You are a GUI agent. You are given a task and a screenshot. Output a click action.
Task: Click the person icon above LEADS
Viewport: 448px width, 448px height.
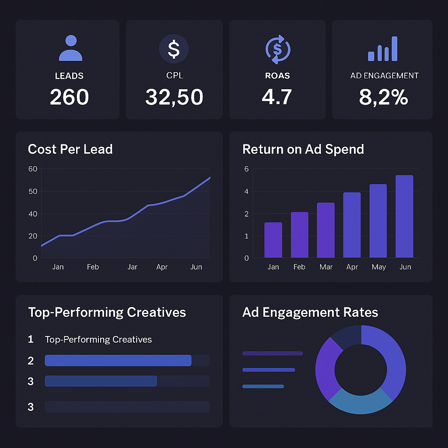click(x=70, y=48)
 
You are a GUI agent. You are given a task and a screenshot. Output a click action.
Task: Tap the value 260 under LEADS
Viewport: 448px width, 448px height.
click(x=69, y=97)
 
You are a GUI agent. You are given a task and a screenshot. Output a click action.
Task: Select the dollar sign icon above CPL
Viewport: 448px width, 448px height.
click(x=174, y=49)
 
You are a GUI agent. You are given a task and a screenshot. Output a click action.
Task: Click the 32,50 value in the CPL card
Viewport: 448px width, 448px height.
click(x=174, y=97)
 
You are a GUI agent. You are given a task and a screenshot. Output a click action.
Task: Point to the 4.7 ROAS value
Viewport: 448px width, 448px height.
click(x=276, y=97)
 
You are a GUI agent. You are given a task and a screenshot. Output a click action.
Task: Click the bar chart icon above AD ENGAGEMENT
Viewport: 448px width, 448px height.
click(x=383, y=49)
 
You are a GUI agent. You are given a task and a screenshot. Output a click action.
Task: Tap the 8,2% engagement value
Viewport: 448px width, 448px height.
click(x=383, y=97)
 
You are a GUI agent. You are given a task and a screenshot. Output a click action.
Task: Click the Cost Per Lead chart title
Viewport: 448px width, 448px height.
click(x=70, y=149)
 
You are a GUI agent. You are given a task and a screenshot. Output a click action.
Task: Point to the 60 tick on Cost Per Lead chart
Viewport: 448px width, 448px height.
click(x=33, y=169)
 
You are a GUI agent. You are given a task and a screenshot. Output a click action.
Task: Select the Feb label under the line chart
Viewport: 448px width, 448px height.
click(x=93, y=267)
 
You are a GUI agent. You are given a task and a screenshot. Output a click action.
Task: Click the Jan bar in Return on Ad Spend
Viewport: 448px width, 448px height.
click(x=273, y=240)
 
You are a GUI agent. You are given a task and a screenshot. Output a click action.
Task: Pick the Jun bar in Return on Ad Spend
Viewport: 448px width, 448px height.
click(x=404, y=217)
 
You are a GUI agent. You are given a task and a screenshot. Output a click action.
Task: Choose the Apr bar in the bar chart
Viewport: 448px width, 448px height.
click(x=352, y=225)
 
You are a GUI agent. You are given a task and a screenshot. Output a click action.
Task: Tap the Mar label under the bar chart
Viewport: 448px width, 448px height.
click(x=326, y=267)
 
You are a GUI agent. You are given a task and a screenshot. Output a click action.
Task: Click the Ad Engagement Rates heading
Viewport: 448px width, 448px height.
click(x=310, y=312)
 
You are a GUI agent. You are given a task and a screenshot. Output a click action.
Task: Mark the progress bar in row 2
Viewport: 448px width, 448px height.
click(x=118, y=360)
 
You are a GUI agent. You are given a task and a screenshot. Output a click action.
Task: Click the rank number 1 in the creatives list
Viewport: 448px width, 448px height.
click(x=31, y=339)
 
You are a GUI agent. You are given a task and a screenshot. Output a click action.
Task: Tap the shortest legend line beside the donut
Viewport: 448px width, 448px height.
click(x=263, y=386)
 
